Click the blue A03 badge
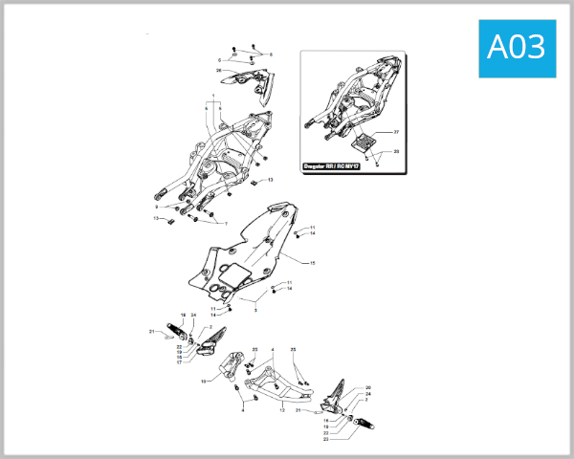click(x=517, y=47)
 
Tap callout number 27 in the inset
click(x=397, y=130)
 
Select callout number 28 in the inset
click(x=397, y=151)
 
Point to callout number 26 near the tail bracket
click(x=219, y=71)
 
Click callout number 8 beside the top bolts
click(x=271, y=55)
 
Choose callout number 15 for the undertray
click(x=311, y=260)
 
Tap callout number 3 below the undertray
click(x=255, y=310)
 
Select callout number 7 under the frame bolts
click(x=227, y=223)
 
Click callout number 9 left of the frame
click(x=155, y=207)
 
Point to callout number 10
click(x=203, y=381)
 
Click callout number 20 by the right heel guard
click(x=368, y=387)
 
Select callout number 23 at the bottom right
click(x=325, y=438)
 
